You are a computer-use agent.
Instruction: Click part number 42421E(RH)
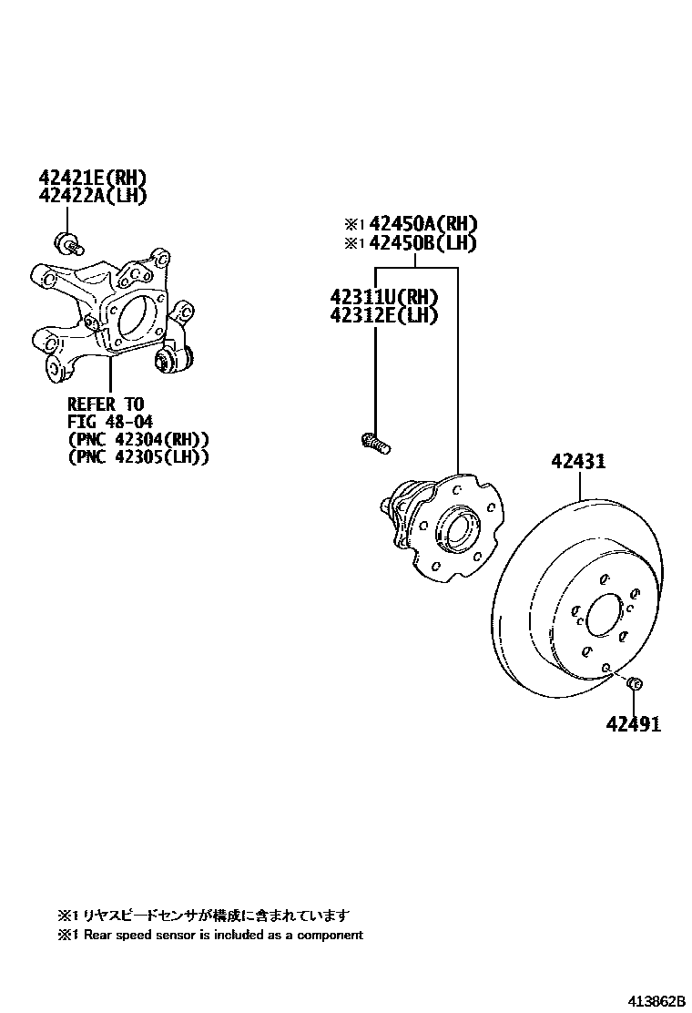point(93,178)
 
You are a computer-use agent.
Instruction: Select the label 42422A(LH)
point(93,195)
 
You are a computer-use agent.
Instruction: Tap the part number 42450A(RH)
point(423,224)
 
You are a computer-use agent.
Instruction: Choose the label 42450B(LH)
point(423,243)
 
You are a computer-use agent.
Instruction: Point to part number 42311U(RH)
point(383,297)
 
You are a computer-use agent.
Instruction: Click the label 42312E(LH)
point(383,315)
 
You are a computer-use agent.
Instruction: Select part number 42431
point(577,462)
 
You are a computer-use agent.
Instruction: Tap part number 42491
point(634,724)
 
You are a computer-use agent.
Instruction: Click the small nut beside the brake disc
point(636,683)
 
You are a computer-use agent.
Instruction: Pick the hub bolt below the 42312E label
point(374,443)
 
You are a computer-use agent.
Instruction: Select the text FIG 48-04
point(107,421)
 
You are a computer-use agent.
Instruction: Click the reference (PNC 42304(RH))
point(138,439)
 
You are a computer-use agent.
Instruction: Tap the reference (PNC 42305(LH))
point(138,457)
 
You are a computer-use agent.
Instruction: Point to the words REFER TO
point(106,403)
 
